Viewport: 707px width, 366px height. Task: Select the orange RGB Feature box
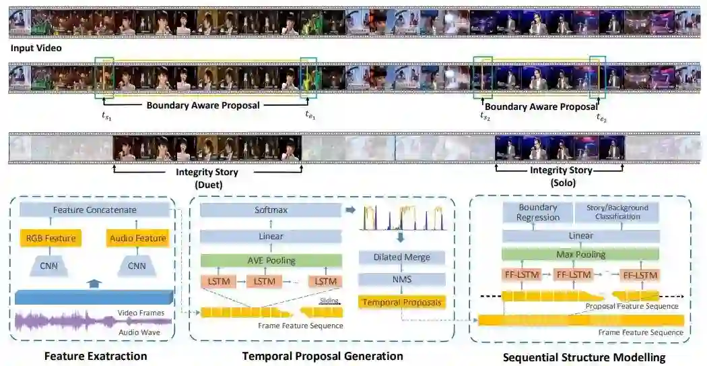coord(49,238)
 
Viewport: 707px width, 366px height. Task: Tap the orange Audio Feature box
coord(137,238)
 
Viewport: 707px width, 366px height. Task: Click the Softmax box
coord(271,210)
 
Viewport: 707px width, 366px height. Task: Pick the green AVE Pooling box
coord(270,261)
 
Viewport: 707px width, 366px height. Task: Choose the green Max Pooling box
coord(581,254)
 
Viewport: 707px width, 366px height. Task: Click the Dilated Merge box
coord(402,257)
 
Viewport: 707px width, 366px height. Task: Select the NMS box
coord(402,280)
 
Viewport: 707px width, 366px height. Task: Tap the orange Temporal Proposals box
coord(402,303)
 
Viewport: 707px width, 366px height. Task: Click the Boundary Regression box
coord(537,212)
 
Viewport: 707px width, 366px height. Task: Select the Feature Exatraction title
coord(96,356)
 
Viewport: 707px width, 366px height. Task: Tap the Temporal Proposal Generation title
coord(323,356)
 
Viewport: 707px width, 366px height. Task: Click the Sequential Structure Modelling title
coord(584,357)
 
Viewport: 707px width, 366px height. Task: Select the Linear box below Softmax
coord(270,236)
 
